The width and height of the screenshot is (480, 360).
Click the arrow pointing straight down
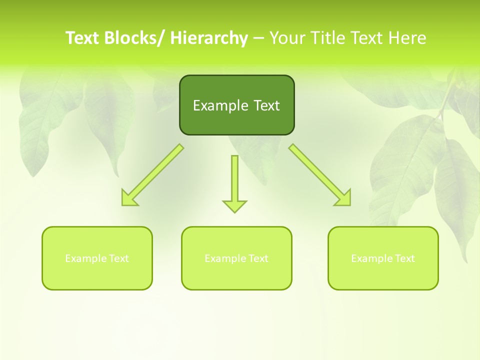click(x=234, y=182)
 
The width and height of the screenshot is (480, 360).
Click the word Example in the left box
click(x=86, y=258)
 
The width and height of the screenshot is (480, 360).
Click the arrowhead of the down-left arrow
click(x=129, y=198)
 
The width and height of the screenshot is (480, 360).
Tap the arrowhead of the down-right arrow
click(x=343, y=198)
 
